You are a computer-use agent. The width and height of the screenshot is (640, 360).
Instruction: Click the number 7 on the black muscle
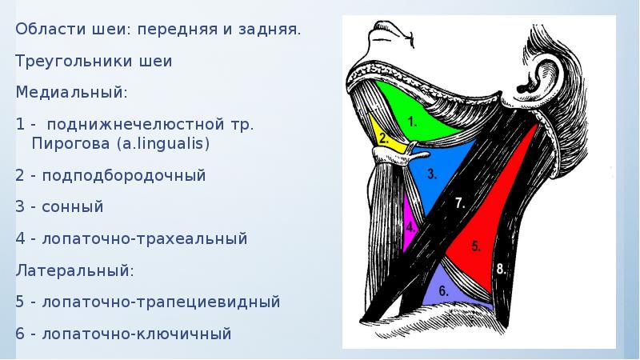(460, 203)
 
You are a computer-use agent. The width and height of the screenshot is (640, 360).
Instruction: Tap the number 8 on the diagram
(502, 269)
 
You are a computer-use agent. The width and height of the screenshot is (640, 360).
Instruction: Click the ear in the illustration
(544, 76)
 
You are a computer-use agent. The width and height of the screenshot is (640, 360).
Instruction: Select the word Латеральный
(74, 270)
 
